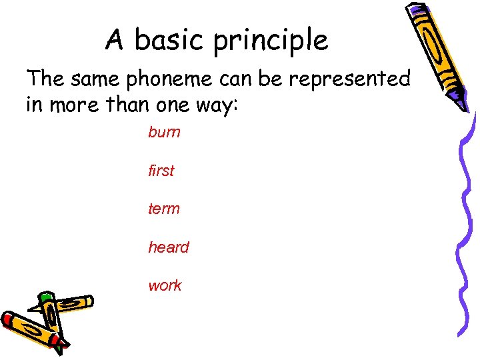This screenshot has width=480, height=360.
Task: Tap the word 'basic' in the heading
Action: tap(169, 40)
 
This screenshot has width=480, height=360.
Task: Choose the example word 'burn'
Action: tap(164, 132)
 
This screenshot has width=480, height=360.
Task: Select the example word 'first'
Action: tap(161, 171)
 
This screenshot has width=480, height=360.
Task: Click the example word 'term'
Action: tap(163, 209)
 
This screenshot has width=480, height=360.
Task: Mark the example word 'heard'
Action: tap(168, 247)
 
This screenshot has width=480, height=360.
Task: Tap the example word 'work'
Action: tap(165, 285)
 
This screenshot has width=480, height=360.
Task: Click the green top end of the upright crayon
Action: tap(45, 297)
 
